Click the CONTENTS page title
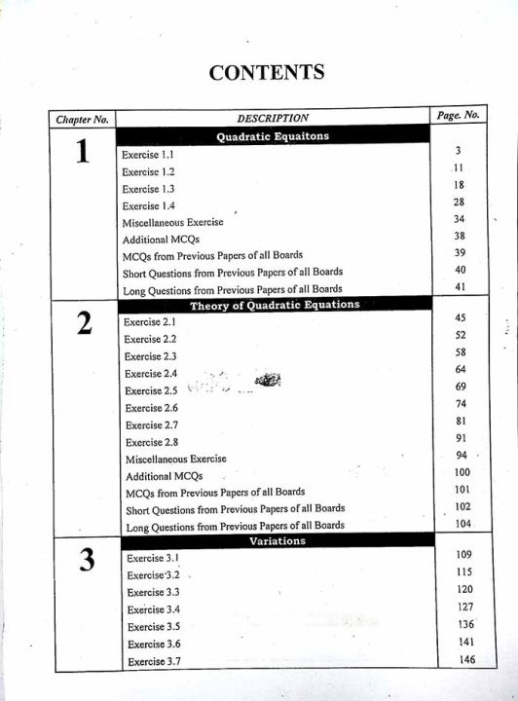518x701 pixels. click(x=266, y=72)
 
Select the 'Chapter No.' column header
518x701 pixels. click(x=82, y=120)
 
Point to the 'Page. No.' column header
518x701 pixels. click(x=458, y=116)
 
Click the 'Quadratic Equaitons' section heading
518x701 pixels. click(x=273, y=136)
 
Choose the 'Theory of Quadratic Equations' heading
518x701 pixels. click(x=275, y=305)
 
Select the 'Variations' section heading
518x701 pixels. click(x=277, y=540)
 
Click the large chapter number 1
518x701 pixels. click(x=83, y=154)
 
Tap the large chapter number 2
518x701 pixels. click(x=85, y=324)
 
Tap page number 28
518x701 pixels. click(x=459, y=202)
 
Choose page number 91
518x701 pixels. click(x=462, y=438)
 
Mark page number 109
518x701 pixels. click(x=463, y=554)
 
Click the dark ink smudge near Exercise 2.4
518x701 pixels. click(x=267, y=380)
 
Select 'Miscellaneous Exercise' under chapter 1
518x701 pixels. click(x=172, y=222)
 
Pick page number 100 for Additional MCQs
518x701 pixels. click(x=462, y=472)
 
